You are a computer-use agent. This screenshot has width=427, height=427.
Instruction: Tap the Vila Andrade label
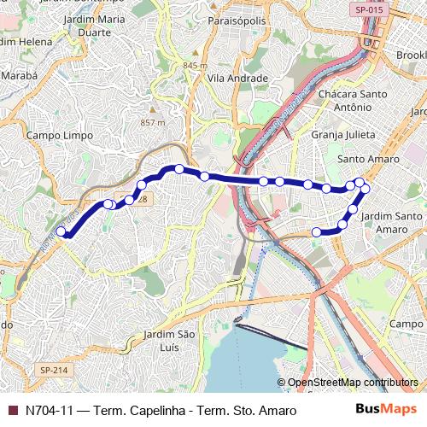pos(237,78)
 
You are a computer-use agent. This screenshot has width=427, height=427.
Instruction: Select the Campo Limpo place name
pos(53,135)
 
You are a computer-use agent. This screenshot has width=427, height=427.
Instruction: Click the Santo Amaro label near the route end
pos(369,159)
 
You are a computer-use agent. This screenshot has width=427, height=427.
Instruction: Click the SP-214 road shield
pos(53,370)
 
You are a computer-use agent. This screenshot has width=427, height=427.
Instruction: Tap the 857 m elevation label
pos(152,123)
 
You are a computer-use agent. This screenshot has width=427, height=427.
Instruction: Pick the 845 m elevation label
pos(195,66)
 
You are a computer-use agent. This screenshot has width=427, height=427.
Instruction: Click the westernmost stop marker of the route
pos(61,231)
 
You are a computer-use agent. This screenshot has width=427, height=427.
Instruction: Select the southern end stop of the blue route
pos(316,231)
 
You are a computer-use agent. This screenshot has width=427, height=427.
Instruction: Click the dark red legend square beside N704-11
pos(11,411)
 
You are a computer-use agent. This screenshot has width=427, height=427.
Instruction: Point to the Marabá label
pos(19,75)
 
